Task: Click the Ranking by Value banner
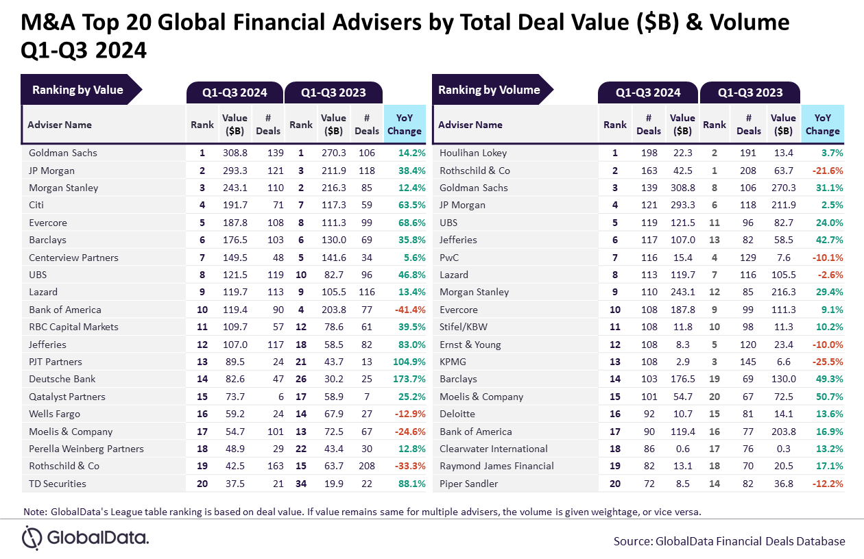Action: (77, 90)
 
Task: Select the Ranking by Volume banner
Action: (489, 90)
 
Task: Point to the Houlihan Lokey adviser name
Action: (473, 153)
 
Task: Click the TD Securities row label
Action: (58, 484)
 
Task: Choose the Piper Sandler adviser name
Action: (470, 484)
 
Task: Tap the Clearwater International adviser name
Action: (494, 449)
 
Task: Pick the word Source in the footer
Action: (632, 541)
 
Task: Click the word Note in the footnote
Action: (35, 512)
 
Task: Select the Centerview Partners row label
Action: (73, 258)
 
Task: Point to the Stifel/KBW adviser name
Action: (464, 327)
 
